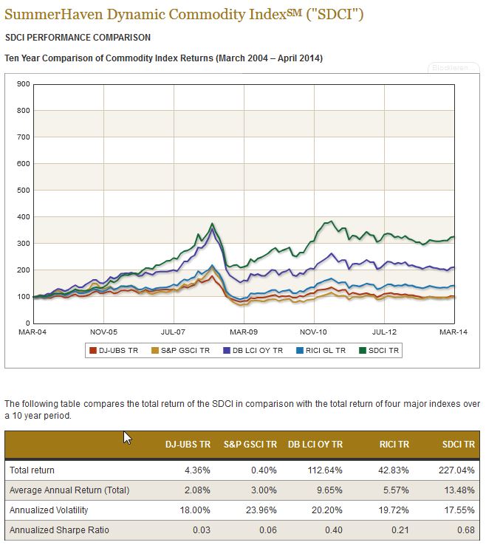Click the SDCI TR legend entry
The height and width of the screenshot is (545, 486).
click(x=381, y=351)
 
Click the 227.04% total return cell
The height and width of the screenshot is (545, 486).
click(x=457, y=470)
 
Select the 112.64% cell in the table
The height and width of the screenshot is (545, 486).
click(x=325, y=470)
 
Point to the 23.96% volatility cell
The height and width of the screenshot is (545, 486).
click(x=259, y=510)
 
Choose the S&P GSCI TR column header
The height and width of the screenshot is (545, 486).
click(x=250, y=444)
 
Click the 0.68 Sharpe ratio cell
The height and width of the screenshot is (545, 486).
click(x=465, y=530)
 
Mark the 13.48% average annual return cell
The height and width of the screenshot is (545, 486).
click(x=459, y=490)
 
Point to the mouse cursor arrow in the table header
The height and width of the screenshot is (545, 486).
click(x=127, y=437)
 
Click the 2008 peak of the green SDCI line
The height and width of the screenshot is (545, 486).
click(x=213, y=223)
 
